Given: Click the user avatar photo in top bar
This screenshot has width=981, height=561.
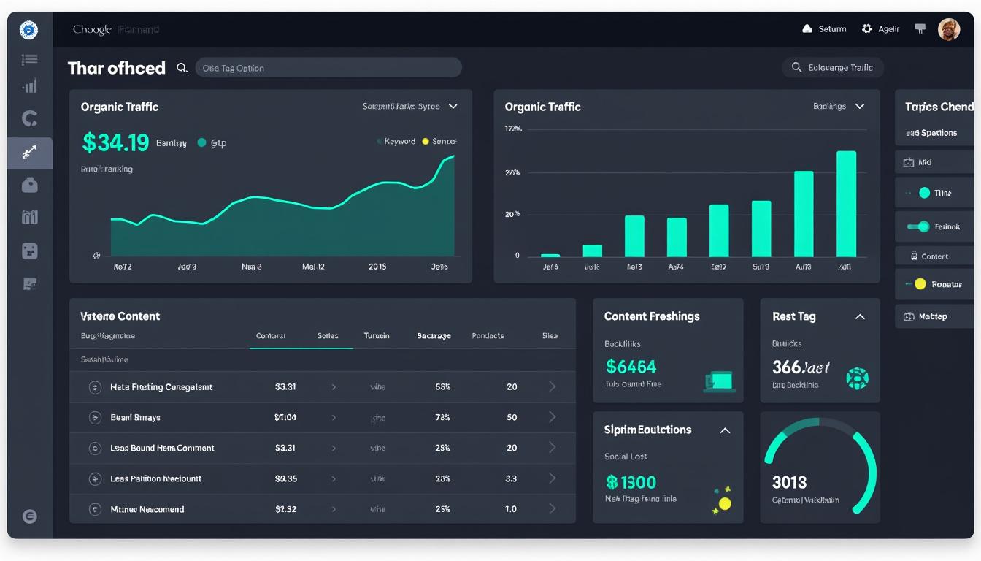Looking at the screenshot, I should pos(948,29).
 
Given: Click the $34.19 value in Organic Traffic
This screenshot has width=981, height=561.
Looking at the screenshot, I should pos(115,142).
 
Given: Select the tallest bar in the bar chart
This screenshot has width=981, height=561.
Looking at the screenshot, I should pos(846,204).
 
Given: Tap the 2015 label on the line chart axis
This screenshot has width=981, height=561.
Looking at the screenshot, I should pos(377,267).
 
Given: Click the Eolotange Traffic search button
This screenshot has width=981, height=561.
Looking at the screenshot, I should pos(832,68).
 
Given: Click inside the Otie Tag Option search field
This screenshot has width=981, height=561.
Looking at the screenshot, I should pos(328,68).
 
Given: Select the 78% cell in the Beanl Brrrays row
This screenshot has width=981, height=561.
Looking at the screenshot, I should pos(442,417).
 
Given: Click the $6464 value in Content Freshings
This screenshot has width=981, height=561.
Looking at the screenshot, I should pos(631,367).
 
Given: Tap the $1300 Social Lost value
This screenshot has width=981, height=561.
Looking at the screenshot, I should pos(631,482).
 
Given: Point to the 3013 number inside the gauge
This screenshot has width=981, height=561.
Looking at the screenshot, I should pos(789,482).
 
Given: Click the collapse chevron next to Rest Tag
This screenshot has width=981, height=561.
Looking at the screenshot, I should pos(860,316).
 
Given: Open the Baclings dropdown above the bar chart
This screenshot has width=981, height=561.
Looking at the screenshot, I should pos(839,107).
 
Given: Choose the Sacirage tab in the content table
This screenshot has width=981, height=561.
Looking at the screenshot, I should pos(434,336).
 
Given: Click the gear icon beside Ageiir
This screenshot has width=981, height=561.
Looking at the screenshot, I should pos(867,29).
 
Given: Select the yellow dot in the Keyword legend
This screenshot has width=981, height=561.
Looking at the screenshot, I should pos(426,142).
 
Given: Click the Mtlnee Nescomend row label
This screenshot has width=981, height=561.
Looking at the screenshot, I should pos(147,509).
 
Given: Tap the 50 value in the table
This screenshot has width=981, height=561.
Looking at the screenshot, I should pos(512,417).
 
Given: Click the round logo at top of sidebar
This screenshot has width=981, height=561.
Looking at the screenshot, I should pos(28,30).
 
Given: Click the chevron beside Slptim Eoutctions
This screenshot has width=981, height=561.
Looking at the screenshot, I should pos(725,430).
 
